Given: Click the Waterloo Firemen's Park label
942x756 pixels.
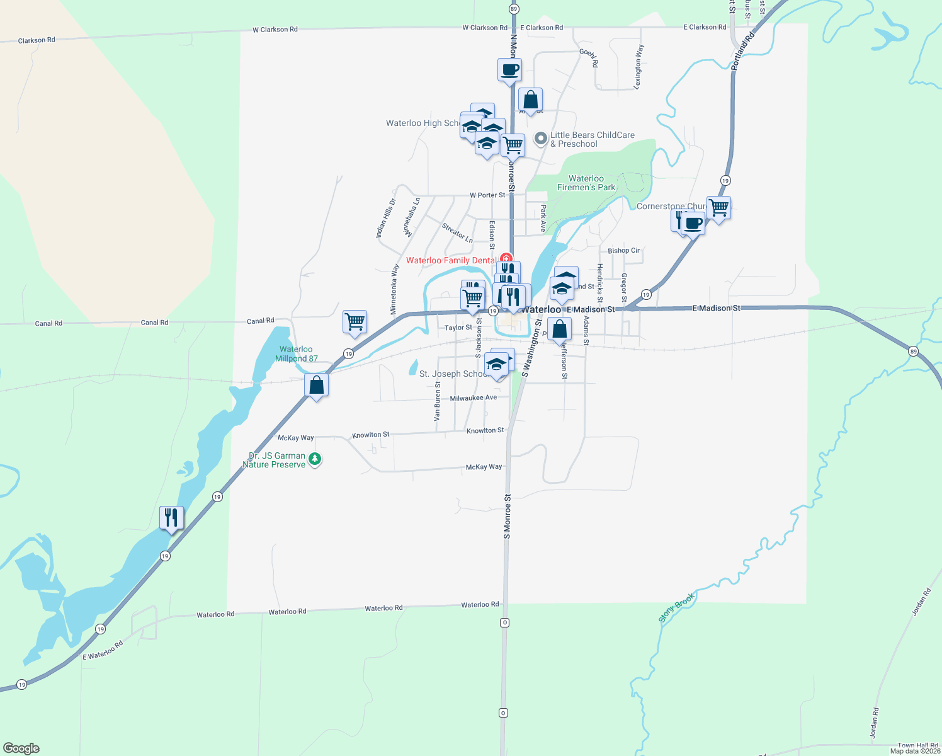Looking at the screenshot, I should tap(586, 183).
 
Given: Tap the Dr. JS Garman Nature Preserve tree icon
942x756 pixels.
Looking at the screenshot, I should tap(315, 459).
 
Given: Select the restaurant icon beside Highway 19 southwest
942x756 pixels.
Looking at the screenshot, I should tap(171, 518).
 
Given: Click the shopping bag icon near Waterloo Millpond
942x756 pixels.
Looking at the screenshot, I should tap(316, 385).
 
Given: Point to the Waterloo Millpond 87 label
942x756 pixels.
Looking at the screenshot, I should tap(296, 353).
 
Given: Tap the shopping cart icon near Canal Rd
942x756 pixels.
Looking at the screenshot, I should tap(355, 322).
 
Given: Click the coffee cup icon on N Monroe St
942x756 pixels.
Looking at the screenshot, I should tap(509, 69).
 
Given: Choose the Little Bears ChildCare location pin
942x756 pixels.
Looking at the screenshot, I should tap(540, 139).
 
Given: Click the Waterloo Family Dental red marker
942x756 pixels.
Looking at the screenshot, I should tap(505, 259).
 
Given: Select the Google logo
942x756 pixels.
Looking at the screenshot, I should tap(21, 748).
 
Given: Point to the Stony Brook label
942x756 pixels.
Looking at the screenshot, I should tap(677, 607).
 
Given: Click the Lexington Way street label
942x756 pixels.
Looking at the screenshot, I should tap(639, 66).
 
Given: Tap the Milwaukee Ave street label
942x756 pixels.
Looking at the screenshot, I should tap(473, 398).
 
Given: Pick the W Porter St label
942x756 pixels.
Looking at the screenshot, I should tap(487, 195).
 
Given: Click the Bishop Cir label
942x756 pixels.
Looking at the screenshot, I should tap(623, 251).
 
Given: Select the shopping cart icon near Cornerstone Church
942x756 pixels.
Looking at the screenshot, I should tap(718, 207).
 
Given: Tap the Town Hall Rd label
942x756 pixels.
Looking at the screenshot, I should tap(917, 745).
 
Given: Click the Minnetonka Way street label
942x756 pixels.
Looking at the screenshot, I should tap(394, 289).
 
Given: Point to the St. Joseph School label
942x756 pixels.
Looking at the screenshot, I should tap(453, 374).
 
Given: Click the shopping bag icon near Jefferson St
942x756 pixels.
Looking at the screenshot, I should tap(559, 329).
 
